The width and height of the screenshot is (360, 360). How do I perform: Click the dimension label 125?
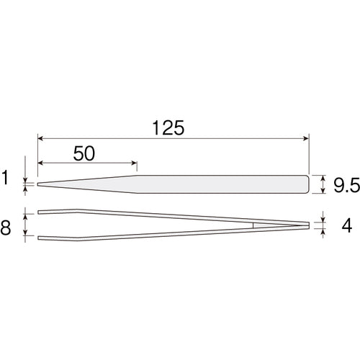click(168, 127)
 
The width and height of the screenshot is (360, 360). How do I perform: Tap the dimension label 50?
click(84, 153)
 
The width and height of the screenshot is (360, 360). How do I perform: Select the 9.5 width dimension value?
click(347, 185)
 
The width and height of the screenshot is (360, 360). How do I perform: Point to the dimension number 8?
click(6, 228)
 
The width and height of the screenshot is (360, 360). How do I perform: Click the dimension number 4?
click(346, 225)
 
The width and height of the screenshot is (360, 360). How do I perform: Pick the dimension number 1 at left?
click(5, 178)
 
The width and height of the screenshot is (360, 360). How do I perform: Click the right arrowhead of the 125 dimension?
click(306, 138)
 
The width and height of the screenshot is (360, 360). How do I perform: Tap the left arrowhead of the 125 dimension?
click(40, 138)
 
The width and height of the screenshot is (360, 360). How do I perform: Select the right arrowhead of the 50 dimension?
click(134, 163)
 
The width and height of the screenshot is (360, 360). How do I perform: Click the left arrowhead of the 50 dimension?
click(40, 163)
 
